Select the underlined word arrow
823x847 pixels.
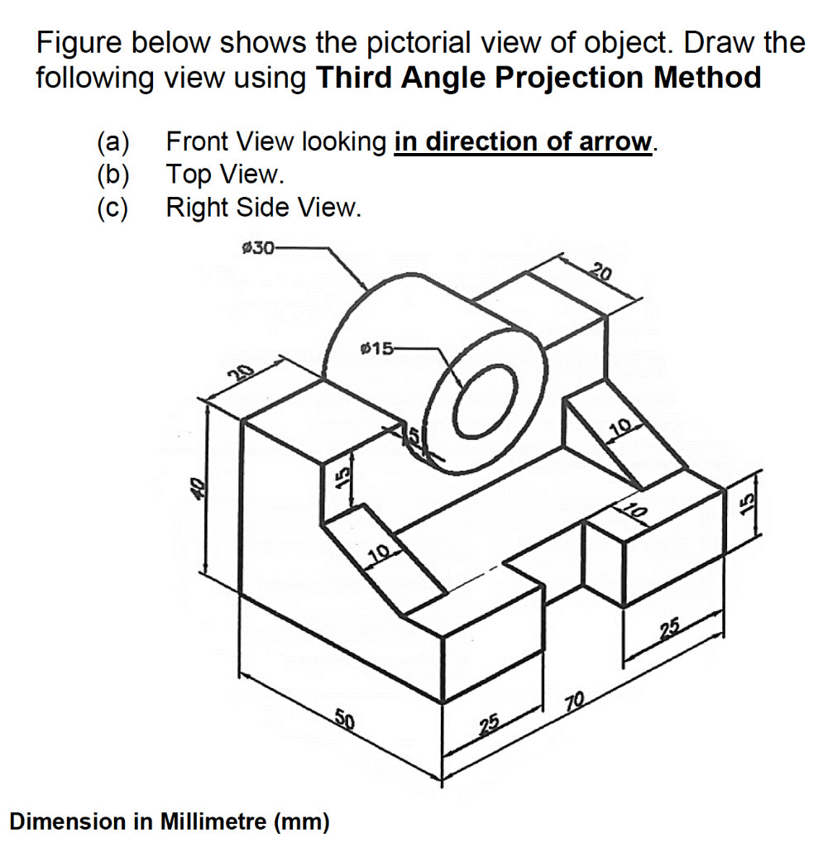615,142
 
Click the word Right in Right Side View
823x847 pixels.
197,207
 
